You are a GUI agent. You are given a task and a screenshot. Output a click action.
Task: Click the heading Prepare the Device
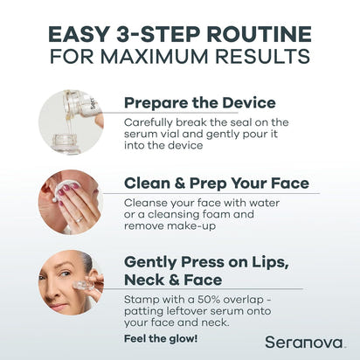[199, 103]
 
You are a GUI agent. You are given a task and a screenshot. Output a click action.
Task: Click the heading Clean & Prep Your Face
[216, 183]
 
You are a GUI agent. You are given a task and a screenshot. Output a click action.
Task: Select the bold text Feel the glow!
[161, 338]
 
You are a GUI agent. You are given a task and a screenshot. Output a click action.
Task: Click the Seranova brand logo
[305, 342]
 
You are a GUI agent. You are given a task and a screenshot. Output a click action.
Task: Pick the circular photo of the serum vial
[71, 121]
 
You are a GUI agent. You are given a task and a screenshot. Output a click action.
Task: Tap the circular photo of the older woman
[71, 280]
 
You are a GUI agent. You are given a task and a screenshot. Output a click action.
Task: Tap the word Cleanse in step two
[149, 200]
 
